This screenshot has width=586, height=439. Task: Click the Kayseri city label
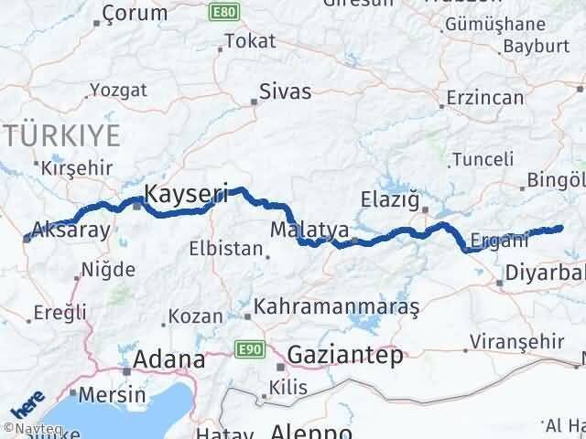(x=187, y=194)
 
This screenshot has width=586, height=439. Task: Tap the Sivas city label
(x=285, y=91)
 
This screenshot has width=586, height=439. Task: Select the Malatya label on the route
(x=309, y=229)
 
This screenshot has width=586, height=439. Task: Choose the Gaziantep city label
(x=344, y=356)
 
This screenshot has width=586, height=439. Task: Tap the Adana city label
(x=168, y=359)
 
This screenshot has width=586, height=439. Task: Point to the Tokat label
(x=249, y=40)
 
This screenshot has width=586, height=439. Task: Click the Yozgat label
(x=116, y=91)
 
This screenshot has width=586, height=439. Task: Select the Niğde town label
(x=109, y=270)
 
